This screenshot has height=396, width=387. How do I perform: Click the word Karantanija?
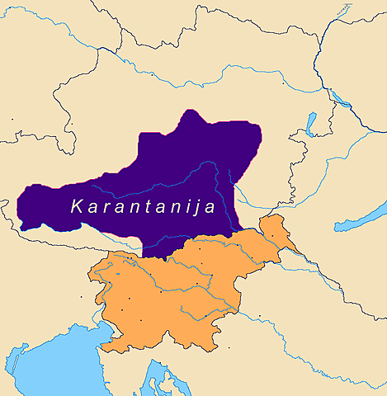pos(143,207)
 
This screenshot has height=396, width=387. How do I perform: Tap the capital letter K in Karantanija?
pos(77,207)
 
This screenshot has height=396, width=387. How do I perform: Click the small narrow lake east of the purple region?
pos(311,124)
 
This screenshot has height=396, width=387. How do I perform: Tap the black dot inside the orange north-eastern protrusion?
pos(273,236)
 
